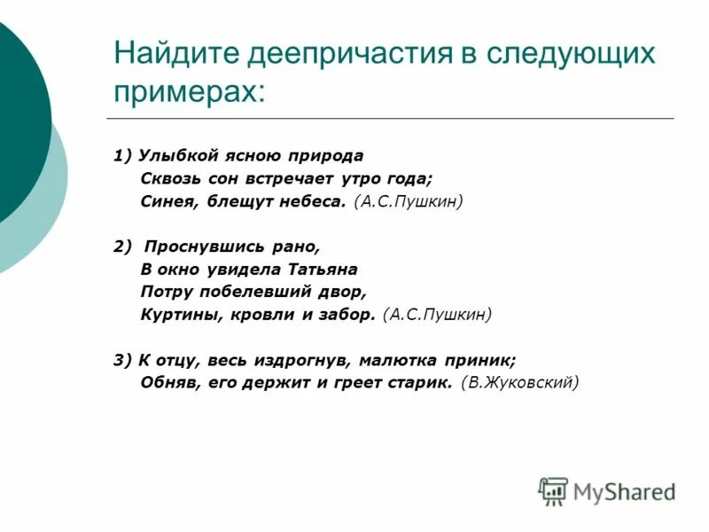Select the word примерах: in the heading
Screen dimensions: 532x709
(x=189, y=91)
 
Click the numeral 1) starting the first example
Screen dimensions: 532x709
(x=122, y=156)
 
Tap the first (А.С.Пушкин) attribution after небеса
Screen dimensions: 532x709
(x=408, y=201)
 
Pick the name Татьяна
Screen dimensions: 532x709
(x=322, y=269)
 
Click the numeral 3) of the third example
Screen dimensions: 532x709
(x=122, y=360)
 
